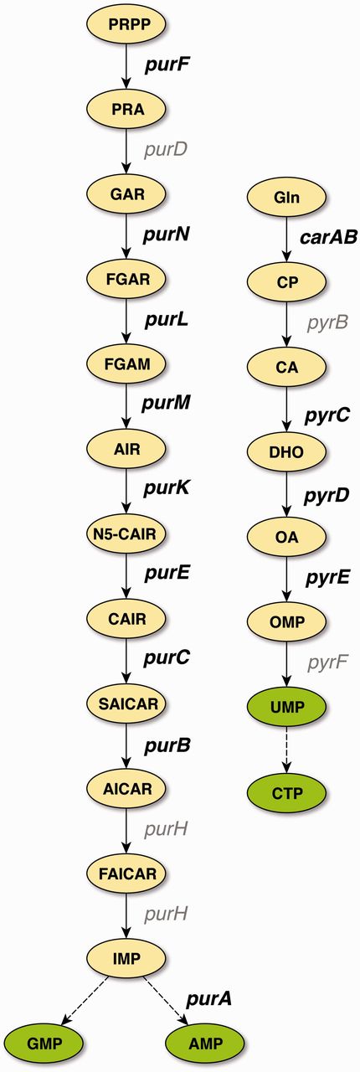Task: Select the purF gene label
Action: (x=165, y=64)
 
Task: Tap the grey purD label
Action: (x=165, y=150)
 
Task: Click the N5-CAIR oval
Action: (x=126, y=532)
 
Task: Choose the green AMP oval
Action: (x=204, y=1043)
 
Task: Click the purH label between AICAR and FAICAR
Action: (x=165, y=829)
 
